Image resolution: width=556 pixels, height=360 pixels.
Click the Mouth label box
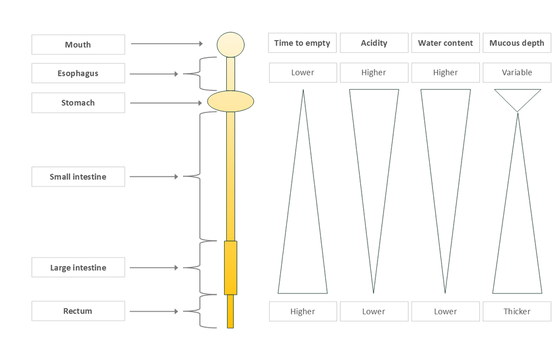[x=78, y=45]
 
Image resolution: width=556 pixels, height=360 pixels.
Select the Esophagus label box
[x=78, y=73]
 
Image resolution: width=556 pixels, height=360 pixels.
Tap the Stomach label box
[x=78, y=103]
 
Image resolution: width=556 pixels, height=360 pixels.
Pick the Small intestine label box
[x=78, y=177]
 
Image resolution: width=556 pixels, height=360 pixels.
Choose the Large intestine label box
[x=78, y=268]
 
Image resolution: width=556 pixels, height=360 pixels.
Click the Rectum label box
[x=78, y=311]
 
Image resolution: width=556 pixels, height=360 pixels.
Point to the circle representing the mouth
[x=230, y=45]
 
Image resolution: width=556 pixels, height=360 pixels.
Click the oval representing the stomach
[x=230, y=101]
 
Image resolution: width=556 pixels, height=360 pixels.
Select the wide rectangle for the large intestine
[x=230, y=268]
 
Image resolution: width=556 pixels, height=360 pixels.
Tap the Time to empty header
[x=302, y=43]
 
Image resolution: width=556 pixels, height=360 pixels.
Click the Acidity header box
[x=374, y=43]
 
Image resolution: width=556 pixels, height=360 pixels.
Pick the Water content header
[x=445, y=43]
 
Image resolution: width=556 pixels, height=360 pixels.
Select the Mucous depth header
[x=517, y=43]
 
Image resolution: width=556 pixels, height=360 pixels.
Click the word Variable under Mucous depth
[x=517, y=72]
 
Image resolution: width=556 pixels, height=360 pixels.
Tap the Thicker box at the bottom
[x=517, y=312]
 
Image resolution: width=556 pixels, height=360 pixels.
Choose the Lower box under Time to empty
[x=302, y=72]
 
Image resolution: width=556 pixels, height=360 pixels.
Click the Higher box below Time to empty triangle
[x=302, y=312]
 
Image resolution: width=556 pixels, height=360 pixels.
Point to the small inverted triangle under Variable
[x=517, y=97]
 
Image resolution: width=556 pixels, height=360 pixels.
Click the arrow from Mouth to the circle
[x=167, y=43]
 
